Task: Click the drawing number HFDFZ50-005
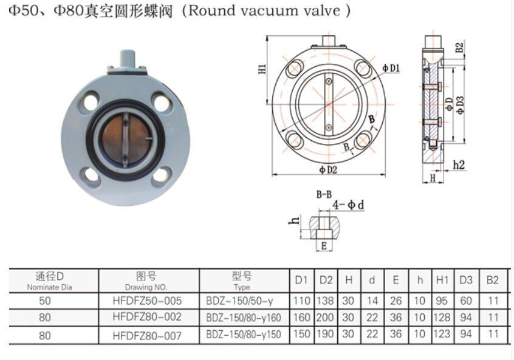point(147,300)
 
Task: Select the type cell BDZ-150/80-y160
point(244,317)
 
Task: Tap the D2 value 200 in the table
point(326,317)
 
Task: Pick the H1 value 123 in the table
point(442,335)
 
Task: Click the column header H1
point(442,280)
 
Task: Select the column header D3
point(466,280)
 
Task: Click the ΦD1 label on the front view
point(391,68)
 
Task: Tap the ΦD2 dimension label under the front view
point(328,170)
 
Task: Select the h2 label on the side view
point(459,165)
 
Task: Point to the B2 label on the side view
point(459,47)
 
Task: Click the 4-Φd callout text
point(348,205)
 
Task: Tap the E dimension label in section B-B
point(324,246)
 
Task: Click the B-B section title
point(323,194)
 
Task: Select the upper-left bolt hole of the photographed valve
point(91,100)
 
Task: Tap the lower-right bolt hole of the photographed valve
point(161,175)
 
